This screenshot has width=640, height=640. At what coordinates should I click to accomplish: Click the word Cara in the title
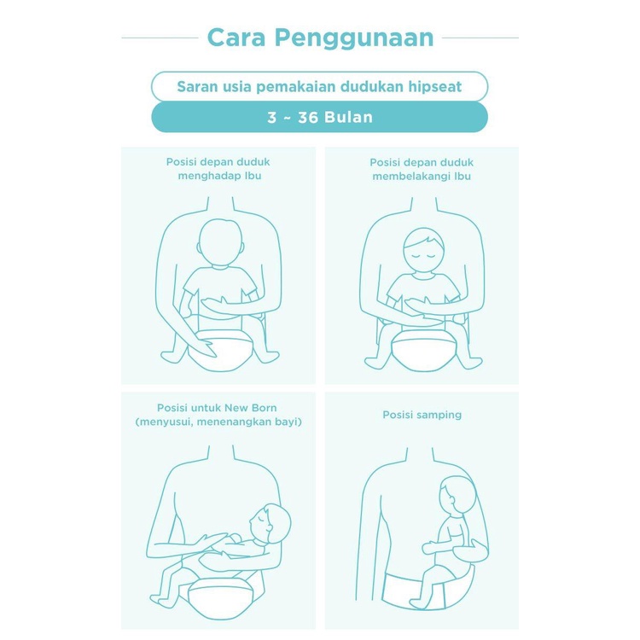(x=236, y=38)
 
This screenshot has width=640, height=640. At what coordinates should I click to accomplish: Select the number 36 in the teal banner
(x=308, y=118)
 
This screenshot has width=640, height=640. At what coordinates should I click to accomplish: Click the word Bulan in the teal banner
(x=348, y=118)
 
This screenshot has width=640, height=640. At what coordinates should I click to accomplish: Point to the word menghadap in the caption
(x=207, y=177)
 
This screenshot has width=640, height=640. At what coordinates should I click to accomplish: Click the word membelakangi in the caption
(x=410, y=177)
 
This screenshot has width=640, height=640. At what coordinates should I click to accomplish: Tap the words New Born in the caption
(x=251, y=408)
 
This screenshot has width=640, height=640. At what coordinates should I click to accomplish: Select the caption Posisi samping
(x=422, y=415)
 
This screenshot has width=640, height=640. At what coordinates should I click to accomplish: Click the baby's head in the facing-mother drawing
(x=220, y=243)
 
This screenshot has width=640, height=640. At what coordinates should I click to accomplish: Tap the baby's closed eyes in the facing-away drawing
(x=423, y=256)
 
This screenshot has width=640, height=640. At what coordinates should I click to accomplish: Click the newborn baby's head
(x=270, y=524)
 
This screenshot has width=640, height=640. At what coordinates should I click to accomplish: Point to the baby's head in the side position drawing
(x=457, y=497)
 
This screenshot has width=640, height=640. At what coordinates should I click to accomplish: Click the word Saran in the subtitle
(x=194, y=86)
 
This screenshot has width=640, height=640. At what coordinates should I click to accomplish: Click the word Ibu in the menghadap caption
(x=253, y=176)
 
